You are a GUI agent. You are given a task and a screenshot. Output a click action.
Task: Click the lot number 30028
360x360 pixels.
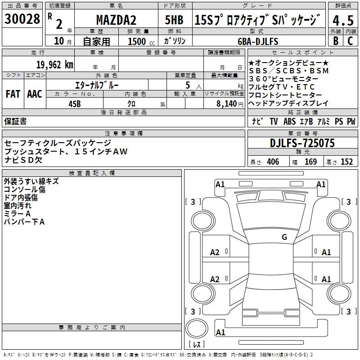pyautogui.click(x=22, y=19)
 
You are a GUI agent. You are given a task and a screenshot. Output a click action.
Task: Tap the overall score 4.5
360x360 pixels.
pyautogui.click(x=343, y=21)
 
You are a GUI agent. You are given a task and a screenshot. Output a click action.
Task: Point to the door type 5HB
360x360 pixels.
pyautogui.click(x=174, y=21)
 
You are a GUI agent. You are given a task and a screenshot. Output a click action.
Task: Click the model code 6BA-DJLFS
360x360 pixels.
pyautogui.click(x=258, y=41)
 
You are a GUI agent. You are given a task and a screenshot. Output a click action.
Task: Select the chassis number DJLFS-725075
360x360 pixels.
pyautogui.click(x=302, y=143)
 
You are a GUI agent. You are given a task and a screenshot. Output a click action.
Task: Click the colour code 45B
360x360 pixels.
pyautogui.click(x=75, y=103)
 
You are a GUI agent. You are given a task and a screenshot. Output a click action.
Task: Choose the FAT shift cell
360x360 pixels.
pyautogui.click(x=13, y=94)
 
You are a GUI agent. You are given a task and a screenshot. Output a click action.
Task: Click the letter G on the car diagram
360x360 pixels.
pyautogui.click(x=284, y=237)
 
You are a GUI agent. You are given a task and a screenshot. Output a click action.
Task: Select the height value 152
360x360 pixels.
pyautogui.click(x=346, y=162)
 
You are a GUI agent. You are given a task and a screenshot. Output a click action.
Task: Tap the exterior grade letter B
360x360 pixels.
pyautogui.click(x=335, y=40)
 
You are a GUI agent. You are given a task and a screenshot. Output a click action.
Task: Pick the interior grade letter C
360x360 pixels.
pyautogui.click(x=350, y=40)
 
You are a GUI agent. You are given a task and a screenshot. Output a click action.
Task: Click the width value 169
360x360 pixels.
pyautogui.click(x=310, y=162)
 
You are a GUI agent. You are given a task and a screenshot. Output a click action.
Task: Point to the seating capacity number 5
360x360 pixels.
pyautogui.click(x=187, y=85)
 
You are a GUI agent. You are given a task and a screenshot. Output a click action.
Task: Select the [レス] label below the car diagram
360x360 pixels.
pyautogui.click(x=196, y=345)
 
